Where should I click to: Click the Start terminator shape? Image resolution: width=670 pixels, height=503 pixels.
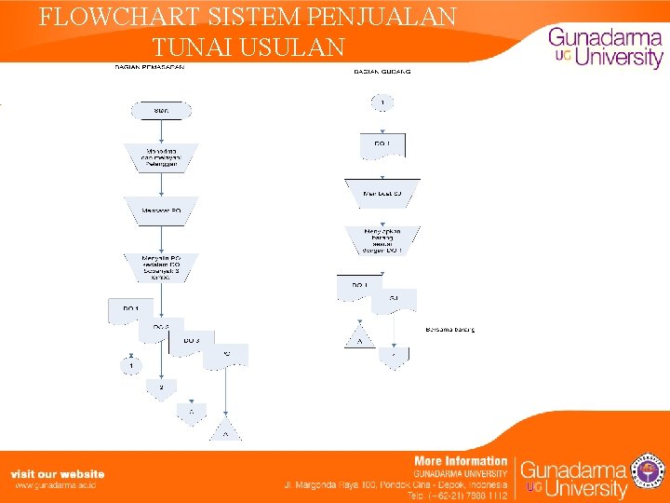pyautogui.click(x=160, y=111)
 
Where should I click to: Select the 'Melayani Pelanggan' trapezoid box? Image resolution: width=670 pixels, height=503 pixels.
pyautogui.click(x=160, y=156)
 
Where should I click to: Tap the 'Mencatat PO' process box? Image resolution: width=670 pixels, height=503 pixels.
pyautogui.click(x=160, y=211)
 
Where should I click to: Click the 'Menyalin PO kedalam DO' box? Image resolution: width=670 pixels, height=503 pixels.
pyautogui.click(x=160, y=265)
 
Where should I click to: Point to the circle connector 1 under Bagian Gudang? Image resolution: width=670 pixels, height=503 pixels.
pyautogui.click(x=382, y=102)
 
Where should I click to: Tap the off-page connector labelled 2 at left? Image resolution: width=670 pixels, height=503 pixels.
pyautogui.click(x=161, y=387)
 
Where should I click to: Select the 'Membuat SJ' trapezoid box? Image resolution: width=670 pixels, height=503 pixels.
pyautogui.click(x=382, y=192)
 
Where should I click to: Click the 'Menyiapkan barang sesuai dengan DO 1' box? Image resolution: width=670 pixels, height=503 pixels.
pyautogui.click(x=382, y=239)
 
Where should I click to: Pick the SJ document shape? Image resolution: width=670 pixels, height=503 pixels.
pyautogui.click(x=394, y=300)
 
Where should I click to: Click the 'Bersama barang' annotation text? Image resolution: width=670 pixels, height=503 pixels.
pyautogui.click(x=450, y=329)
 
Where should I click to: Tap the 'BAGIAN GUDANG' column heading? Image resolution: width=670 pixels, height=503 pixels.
pyautogui.click(x=382, y=71)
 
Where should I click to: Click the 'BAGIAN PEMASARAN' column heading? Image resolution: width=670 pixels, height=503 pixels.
pyautogui.click(x=149, y=67)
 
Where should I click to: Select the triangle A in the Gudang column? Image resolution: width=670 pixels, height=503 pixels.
pyautogui.click(x=358, y=338)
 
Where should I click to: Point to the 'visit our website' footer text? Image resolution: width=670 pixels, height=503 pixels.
pyautogui.click(x=58, y=474)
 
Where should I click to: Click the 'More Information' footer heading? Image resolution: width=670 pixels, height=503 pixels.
pyautogui.click(x=461, y=460)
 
